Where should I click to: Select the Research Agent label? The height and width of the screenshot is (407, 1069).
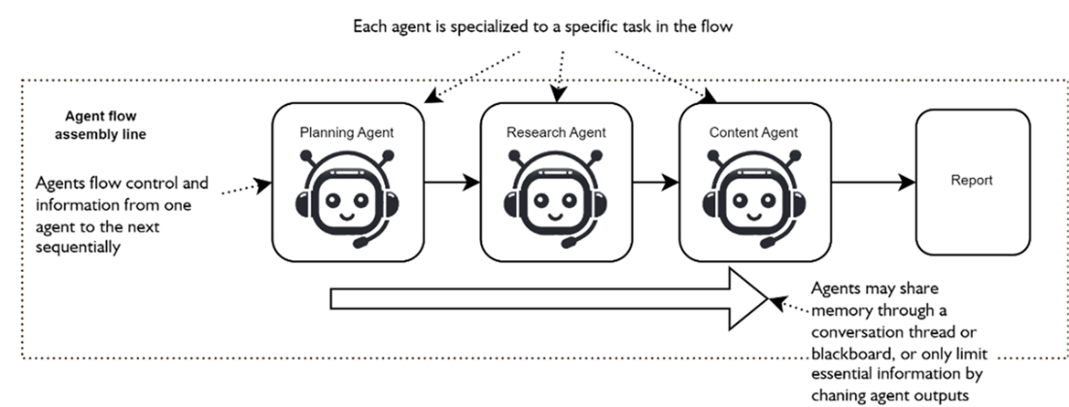coord(555,132)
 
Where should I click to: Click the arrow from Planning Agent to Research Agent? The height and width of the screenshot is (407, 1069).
coord(453,182)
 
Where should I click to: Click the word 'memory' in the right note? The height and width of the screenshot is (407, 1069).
coord(842,310)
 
